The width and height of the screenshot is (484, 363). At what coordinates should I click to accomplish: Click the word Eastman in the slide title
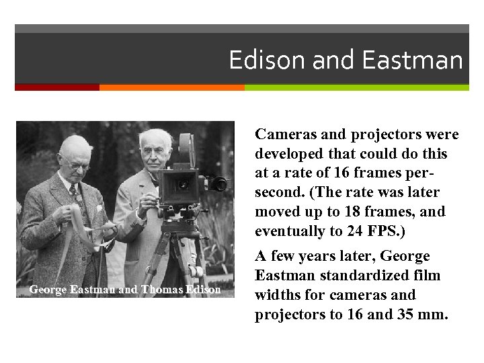pyautogui.click(x=412, y=61)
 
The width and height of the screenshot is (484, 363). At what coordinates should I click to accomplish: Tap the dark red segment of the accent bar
pyautogui.click(x=56, y=87)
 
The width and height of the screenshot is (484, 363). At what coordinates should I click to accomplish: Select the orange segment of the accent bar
pyautogui.click(x=171, y=87)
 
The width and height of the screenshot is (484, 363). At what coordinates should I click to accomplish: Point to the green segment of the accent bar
pyautogui.click(x=356, y=87)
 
